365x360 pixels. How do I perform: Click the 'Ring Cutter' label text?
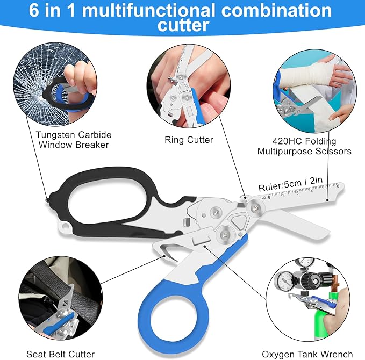(x=189, y=140)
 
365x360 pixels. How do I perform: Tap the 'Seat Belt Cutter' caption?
(x=61, y=354)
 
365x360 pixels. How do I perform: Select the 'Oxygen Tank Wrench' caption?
(x=307, y=355)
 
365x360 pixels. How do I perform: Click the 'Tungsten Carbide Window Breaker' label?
(x=74, y=140)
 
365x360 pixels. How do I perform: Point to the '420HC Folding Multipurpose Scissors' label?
(x=304, y=146)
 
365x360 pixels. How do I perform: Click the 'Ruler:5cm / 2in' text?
(x=290, y=184)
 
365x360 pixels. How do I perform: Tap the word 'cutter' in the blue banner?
(x=183, y=25)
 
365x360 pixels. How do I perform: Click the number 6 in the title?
(x=34, y=10)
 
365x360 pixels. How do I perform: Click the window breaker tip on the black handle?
(x=47, y=200)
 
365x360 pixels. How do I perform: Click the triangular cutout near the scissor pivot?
(x=238, y=221)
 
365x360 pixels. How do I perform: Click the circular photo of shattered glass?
(x=55, y=84)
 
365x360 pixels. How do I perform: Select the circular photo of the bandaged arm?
(x=314, y=91)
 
